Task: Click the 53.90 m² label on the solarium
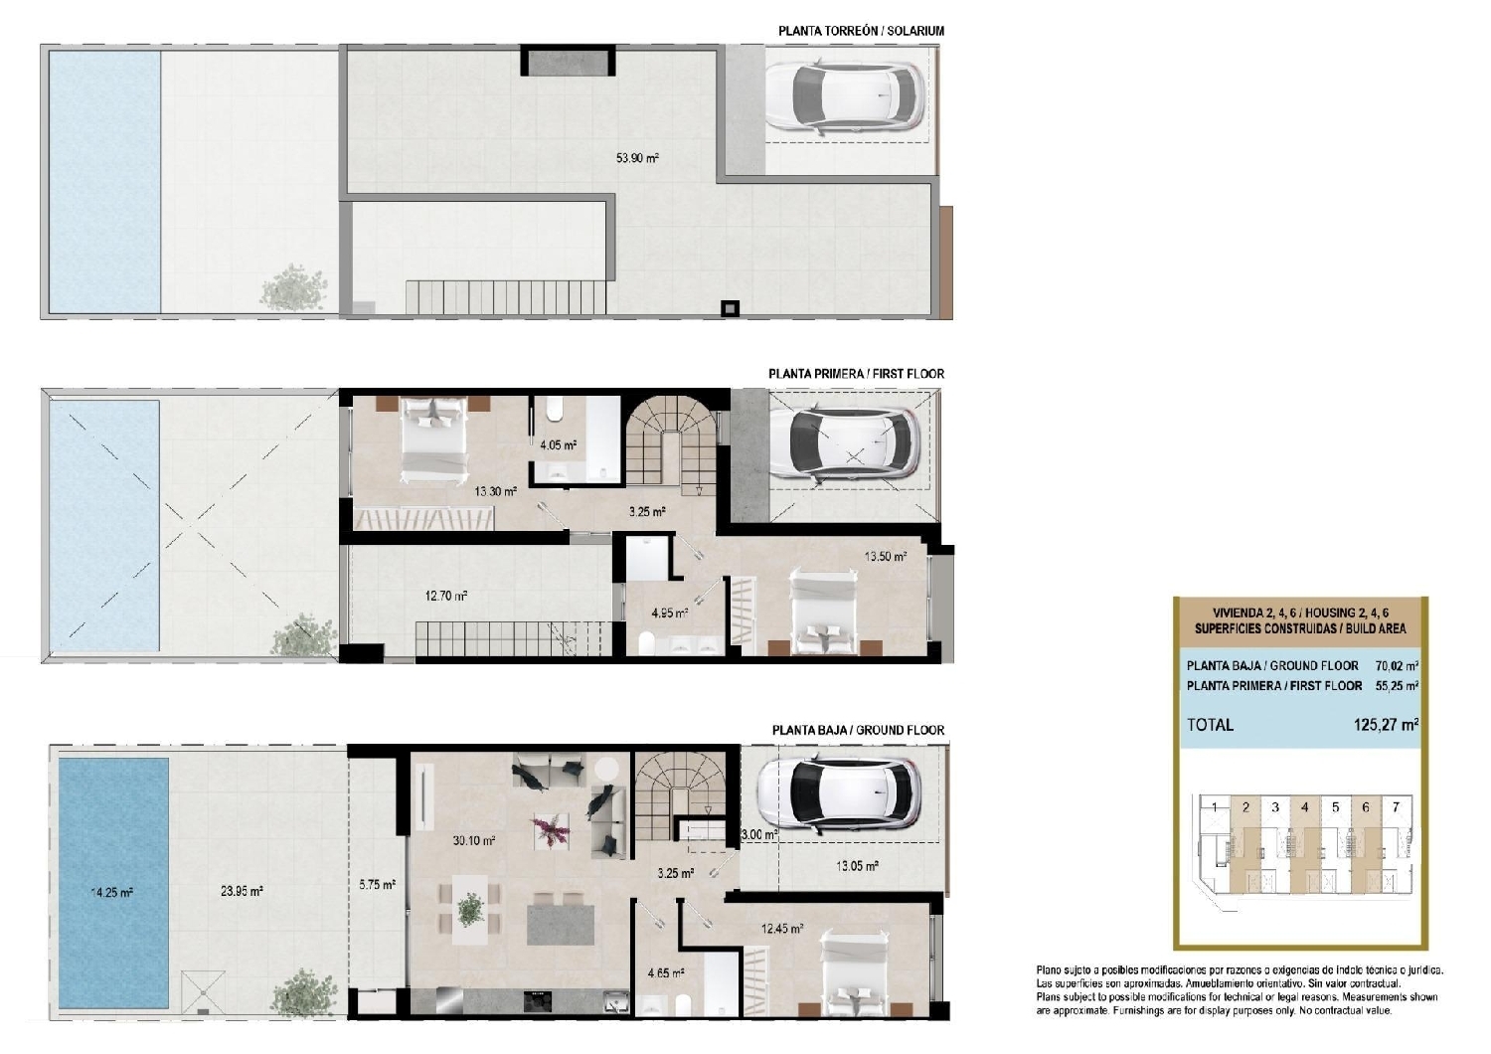(x=637, y=158)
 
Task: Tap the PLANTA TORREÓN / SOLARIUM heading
(x=861, y=31)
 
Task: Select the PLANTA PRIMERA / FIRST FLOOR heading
(x=856, y=374)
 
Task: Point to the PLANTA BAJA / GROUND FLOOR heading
(x=858, y=730)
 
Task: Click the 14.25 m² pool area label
(x=111, y=893)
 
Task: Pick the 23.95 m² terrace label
(x=242, y=892)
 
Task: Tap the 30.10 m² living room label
(x=474, y=840)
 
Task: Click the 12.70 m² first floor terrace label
(x=446, y=597)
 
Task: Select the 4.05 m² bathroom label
(x=558, y=445)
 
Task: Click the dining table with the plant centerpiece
(x=470, y=909)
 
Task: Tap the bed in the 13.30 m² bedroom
(x=433, y=439)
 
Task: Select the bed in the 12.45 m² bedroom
(x=853, y=974)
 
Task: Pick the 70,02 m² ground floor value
(x=1397, y=665)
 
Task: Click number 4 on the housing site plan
(x=1305, y=807)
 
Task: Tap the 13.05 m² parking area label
(x=856, y=866)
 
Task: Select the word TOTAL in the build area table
(x=1210, y=725)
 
